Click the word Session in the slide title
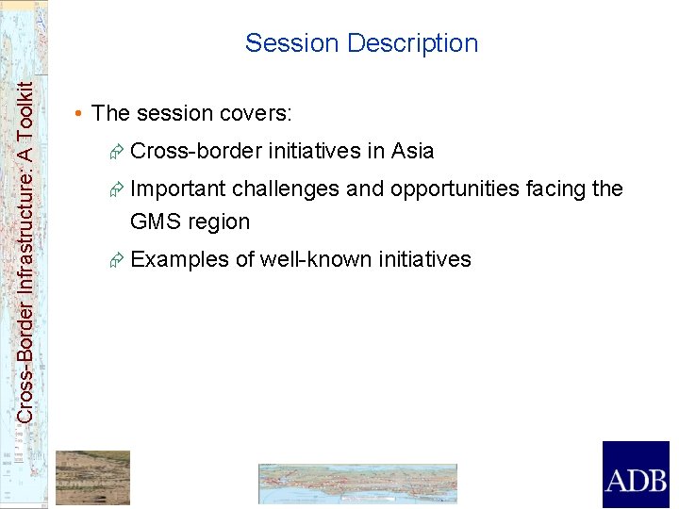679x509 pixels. tap(291, 43)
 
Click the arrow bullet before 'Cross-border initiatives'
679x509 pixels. tap(117, 152)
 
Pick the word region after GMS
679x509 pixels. tap(219, 222)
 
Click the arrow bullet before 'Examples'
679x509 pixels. tap(117, 260)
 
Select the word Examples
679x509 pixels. tap(179, 259)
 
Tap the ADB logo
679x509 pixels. tap(635, 475)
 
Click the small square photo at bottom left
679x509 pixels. tap(92, 478)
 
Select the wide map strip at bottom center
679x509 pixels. tap(357, 484)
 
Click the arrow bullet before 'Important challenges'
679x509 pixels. tap(117, 189)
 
